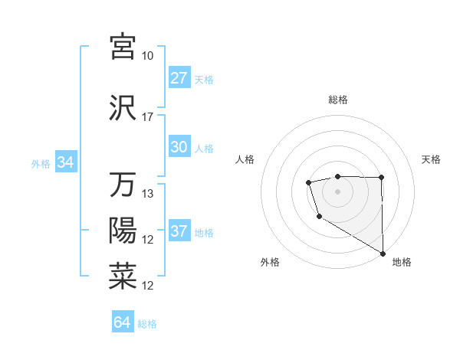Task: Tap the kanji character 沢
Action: tap(123, 108)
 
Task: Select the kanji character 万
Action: tap(123, 185)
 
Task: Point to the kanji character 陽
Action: tap(123, 231)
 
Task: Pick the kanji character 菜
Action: tap(123, 277)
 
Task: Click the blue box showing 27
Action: tap(179, 77)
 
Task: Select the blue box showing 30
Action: tap(179, 147)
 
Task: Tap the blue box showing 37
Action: tap(179, 231)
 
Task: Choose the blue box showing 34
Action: tap(65, 162)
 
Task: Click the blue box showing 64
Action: tap(123, 322)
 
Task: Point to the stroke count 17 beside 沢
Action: tap(148, 117)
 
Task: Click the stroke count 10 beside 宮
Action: tap(148, 56)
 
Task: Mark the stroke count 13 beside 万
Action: tap(148, 194)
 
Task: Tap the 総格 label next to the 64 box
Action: tap(147, 324)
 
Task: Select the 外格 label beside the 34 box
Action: tap(41, 163)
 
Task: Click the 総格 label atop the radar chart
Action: tap(337, 100)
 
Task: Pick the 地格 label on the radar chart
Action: tap(402, 262)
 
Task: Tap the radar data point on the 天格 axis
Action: tap(381, 178)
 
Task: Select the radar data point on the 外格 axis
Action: tap(318, 217)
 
